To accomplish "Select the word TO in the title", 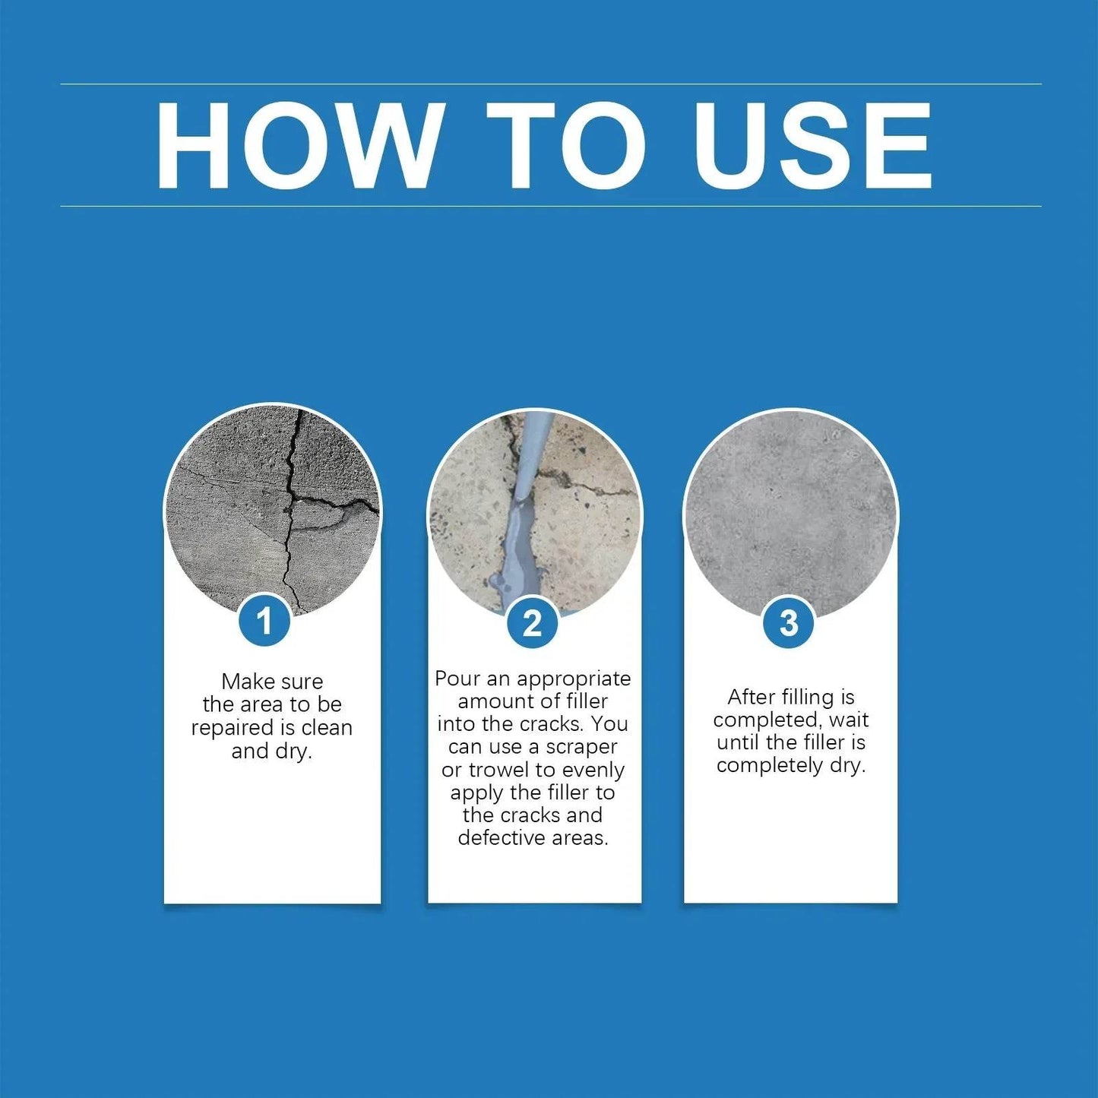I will [566, 144].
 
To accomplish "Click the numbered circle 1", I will [264, 622].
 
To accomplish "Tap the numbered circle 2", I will [532, 623].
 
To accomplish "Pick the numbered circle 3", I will [789, 623].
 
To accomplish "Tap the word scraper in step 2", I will [581, 747].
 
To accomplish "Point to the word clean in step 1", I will [327, 728].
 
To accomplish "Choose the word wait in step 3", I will [849, 720].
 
